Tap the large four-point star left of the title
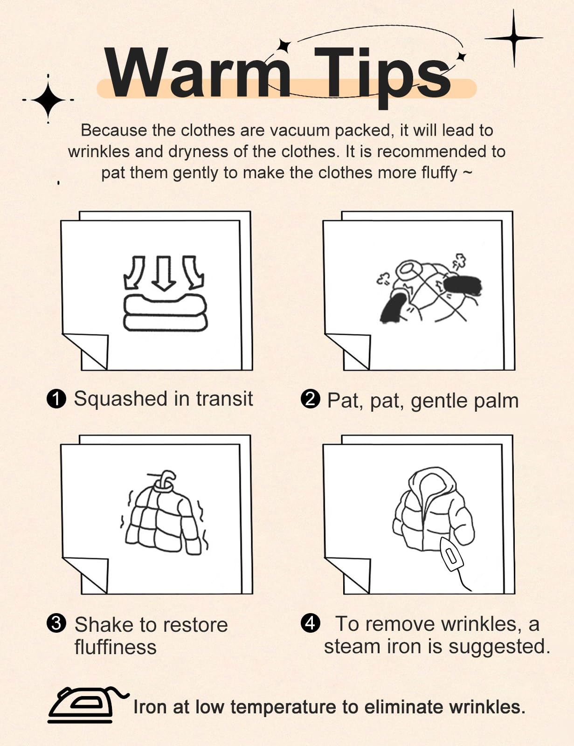coord(48,100)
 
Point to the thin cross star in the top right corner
coord(513,38)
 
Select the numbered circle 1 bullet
coord(56,399)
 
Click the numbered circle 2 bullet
coord(311,399)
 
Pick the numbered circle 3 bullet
coord(56,623)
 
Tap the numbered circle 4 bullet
coord(311,623)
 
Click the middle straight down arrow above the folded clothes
coord(164,273)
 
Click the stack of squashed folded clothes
coord(166,313)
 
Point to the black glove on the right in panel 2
coord(462,286)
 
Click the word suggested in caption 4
coord(500,647)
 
